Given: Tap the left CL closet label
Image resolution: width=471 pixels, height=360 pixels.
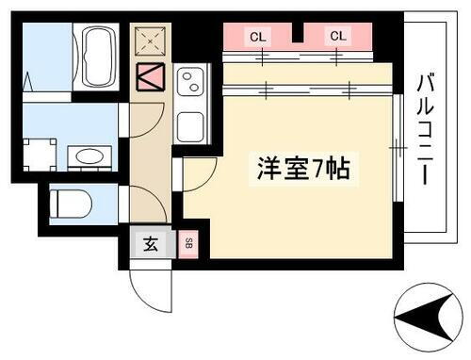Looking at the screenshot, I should click(x=256, y=37).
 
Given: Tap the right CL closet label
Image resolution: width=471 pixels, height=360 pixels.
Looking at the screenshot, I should click(x=337, y=37).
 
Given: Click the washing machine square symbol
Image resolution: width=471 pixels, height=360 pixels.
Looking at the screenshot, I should click(x=41, y=155).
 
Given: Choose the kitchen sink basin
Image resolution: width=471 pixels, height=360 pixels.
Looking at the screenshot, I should click(x=192, y=123).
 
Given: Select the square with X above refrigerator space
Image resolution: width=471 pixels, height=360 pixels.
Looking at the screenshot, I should click(x=149, y=41).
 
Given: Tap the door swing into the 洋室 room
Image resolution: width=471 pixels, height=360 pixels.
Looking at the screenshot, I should click(x=198, y=173).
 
